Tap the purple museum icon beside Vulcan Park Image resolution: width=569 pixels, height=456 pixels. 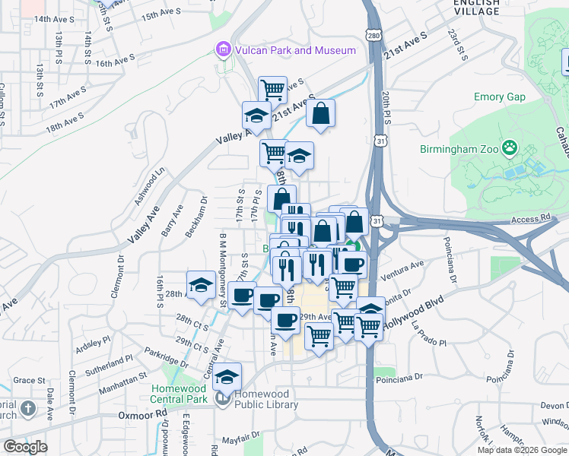click(223, 51)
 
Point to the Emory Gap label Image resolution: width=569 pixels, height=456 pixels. click(500, 97)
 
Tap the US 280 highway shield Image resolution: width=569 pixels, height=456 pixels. click(372, 36)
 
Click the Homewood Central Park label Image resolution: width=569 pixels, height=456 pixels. click(179, 394)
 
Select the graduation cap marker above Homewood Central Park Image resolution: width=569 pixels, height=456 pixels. click(227, 376)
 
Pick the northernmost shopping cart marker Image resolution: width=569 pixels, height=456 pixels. click(272, 89)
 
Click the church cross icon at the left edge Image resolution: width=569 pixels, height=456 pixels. click(27, 409)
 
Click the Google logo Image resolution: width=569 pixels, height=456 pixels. click(25, 447)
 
